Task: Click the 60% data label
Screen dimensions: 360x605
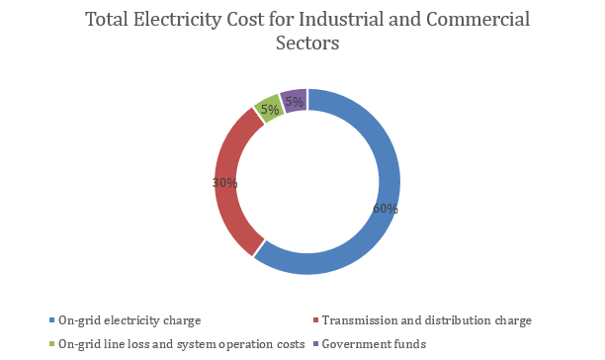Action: point(385,209)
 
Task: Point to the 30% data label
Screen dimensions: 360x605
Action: point(224,183)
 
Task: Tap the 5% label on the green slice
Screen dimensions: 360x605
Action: point(268,109)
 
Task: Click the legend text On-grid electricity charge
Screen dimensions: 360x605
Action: point(130,320)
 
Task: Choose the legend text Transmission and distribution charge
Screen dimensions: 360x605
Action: point(428,320)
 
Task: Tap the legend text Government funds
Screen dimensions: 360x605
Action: point(375,344)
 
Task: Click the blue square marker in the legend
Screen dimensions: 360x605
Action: point(52,320)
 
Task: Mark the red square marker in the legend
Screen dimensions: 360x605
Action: point(315,320)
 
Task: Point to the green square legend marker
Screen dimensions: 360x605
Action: point(52,344)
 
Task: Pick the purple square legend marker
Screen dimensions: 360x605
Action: point(315,344)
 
